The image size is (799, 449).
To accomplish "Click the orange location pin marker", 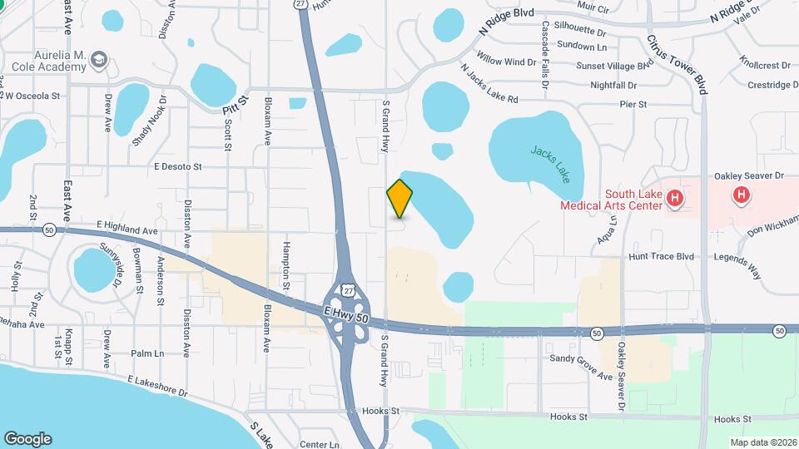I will click(399, 198).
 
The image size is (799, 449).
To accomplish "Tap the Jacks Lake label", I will click(550, 163).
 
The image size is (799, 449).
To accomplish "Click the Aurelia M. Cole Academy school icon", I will click(100, 59).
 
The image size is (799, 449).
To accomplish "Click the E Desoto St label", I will click(178, 166).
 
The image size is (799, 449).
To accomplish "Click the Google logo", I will click(27, 439).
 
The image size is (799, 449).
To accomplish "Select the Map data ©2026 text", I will click(762, 442).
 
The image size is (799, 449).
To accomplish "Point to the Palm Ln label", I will click(147, 353).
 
